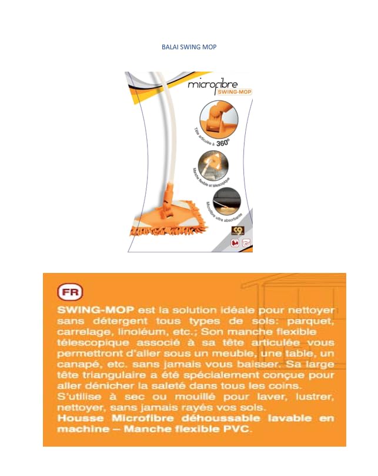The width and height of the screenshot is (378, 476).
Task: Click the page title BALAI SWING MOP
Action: [x=189, y=46]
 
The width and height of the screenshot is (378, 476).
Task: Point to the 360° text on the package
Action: [x=223, y=142]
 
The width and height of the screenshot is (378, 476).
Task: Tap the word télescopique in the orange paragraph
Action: [x=91, y=343]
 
